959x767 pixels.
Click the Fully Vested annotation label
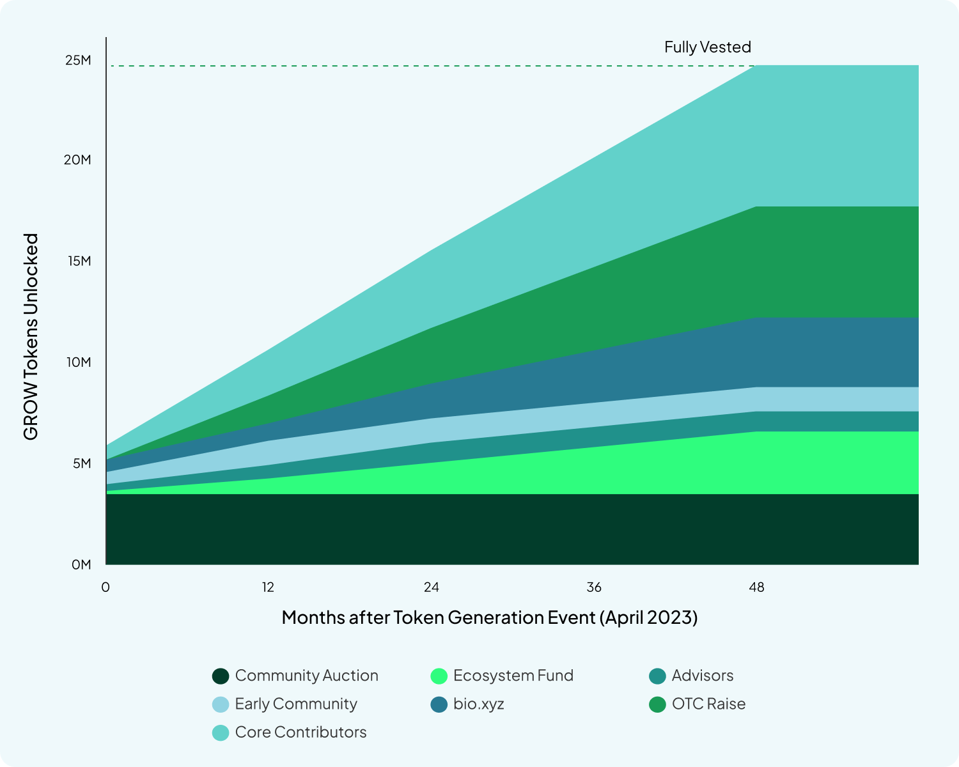(707, 47)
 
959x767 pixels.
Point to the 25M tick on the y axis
(78, 60)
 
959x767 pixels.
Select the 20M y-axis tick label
(77, 160)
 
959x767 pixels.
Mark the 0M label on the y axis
(81, 564)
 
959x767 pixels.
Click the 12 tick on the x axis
(268, 587)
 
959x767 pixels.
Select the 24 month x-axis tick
(432, 587)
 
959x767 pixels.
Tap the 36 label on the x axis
(594, 587)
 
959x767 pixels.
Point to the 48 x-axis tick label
(756, 587)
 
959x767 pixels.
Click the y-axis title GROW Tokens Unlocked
(31, 337)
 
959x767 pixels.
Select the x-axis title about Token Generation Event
(489, 617)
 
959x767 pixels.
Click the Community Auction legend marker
(221, 676)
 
